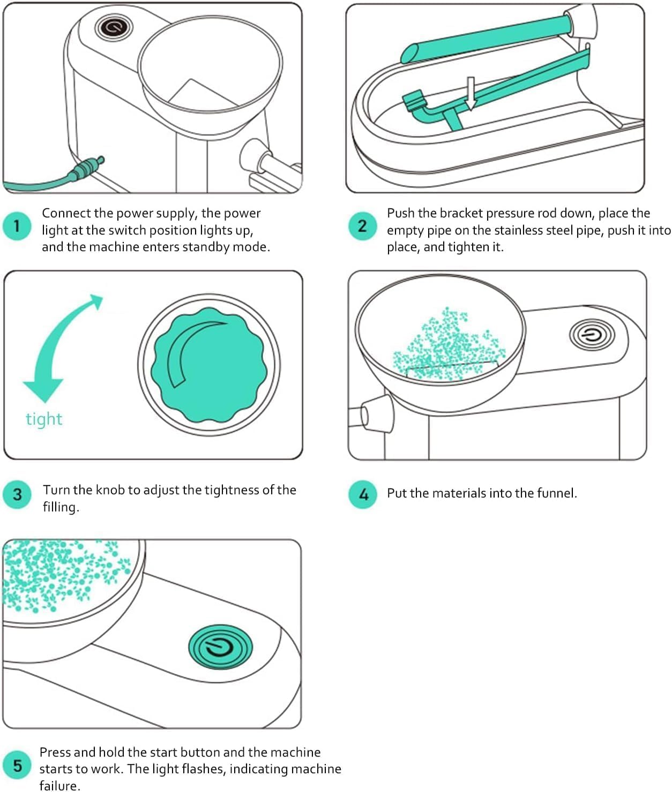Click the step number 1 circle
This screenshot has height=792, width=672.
pyautogui.click(x=17, y=226)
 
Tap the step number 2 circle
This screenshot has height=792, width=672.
pyautogui.click(x=362, y=226)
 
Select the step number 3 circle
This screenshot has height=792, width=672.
pyautogui.click(x=17, y=494)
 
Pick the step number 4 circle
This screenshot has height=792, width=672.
pyautogui.click(x=363, y=494)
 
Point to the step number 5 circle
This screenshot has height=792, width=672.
pyautogui.click(x=17, y=765)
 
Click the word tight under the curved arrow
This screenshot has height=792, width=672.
pyautogui.click(x=44, y=419)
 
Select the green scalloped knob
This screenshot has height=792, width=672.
pyautogui.click(x=208, y=364)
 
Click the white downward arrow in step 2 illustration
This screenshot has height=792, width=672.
pyautogui.click(x=471, y=94)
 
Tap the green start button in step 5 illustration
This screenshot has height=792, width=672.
pyautogui.click(x=220, y=647)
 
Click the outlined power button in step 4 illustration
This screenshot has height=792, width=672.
pyautogui.click(x=591, y=336)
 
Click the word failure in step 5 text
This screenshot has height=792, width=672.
pyautogui.click(x=59, y=786)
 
